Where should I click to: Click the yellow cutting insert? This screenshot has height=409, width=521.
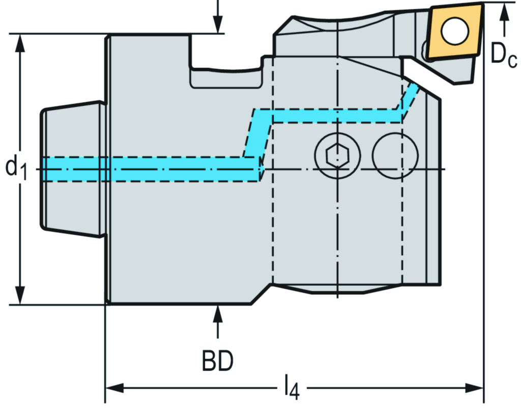pos(454,32)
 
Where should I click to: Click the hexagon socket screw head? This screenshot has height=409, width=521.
pos(337,155)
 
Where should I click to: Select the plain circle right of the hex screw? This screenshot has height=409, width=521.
pos(395,155)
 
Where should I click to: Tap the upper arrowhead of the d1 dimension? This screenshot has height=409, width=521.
pos(20,44)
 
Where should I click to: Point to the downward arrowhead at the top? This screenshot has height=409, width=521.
pos(217,24)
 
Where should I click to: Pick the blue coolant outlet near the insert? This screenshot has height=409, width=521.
pos(411,97)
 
